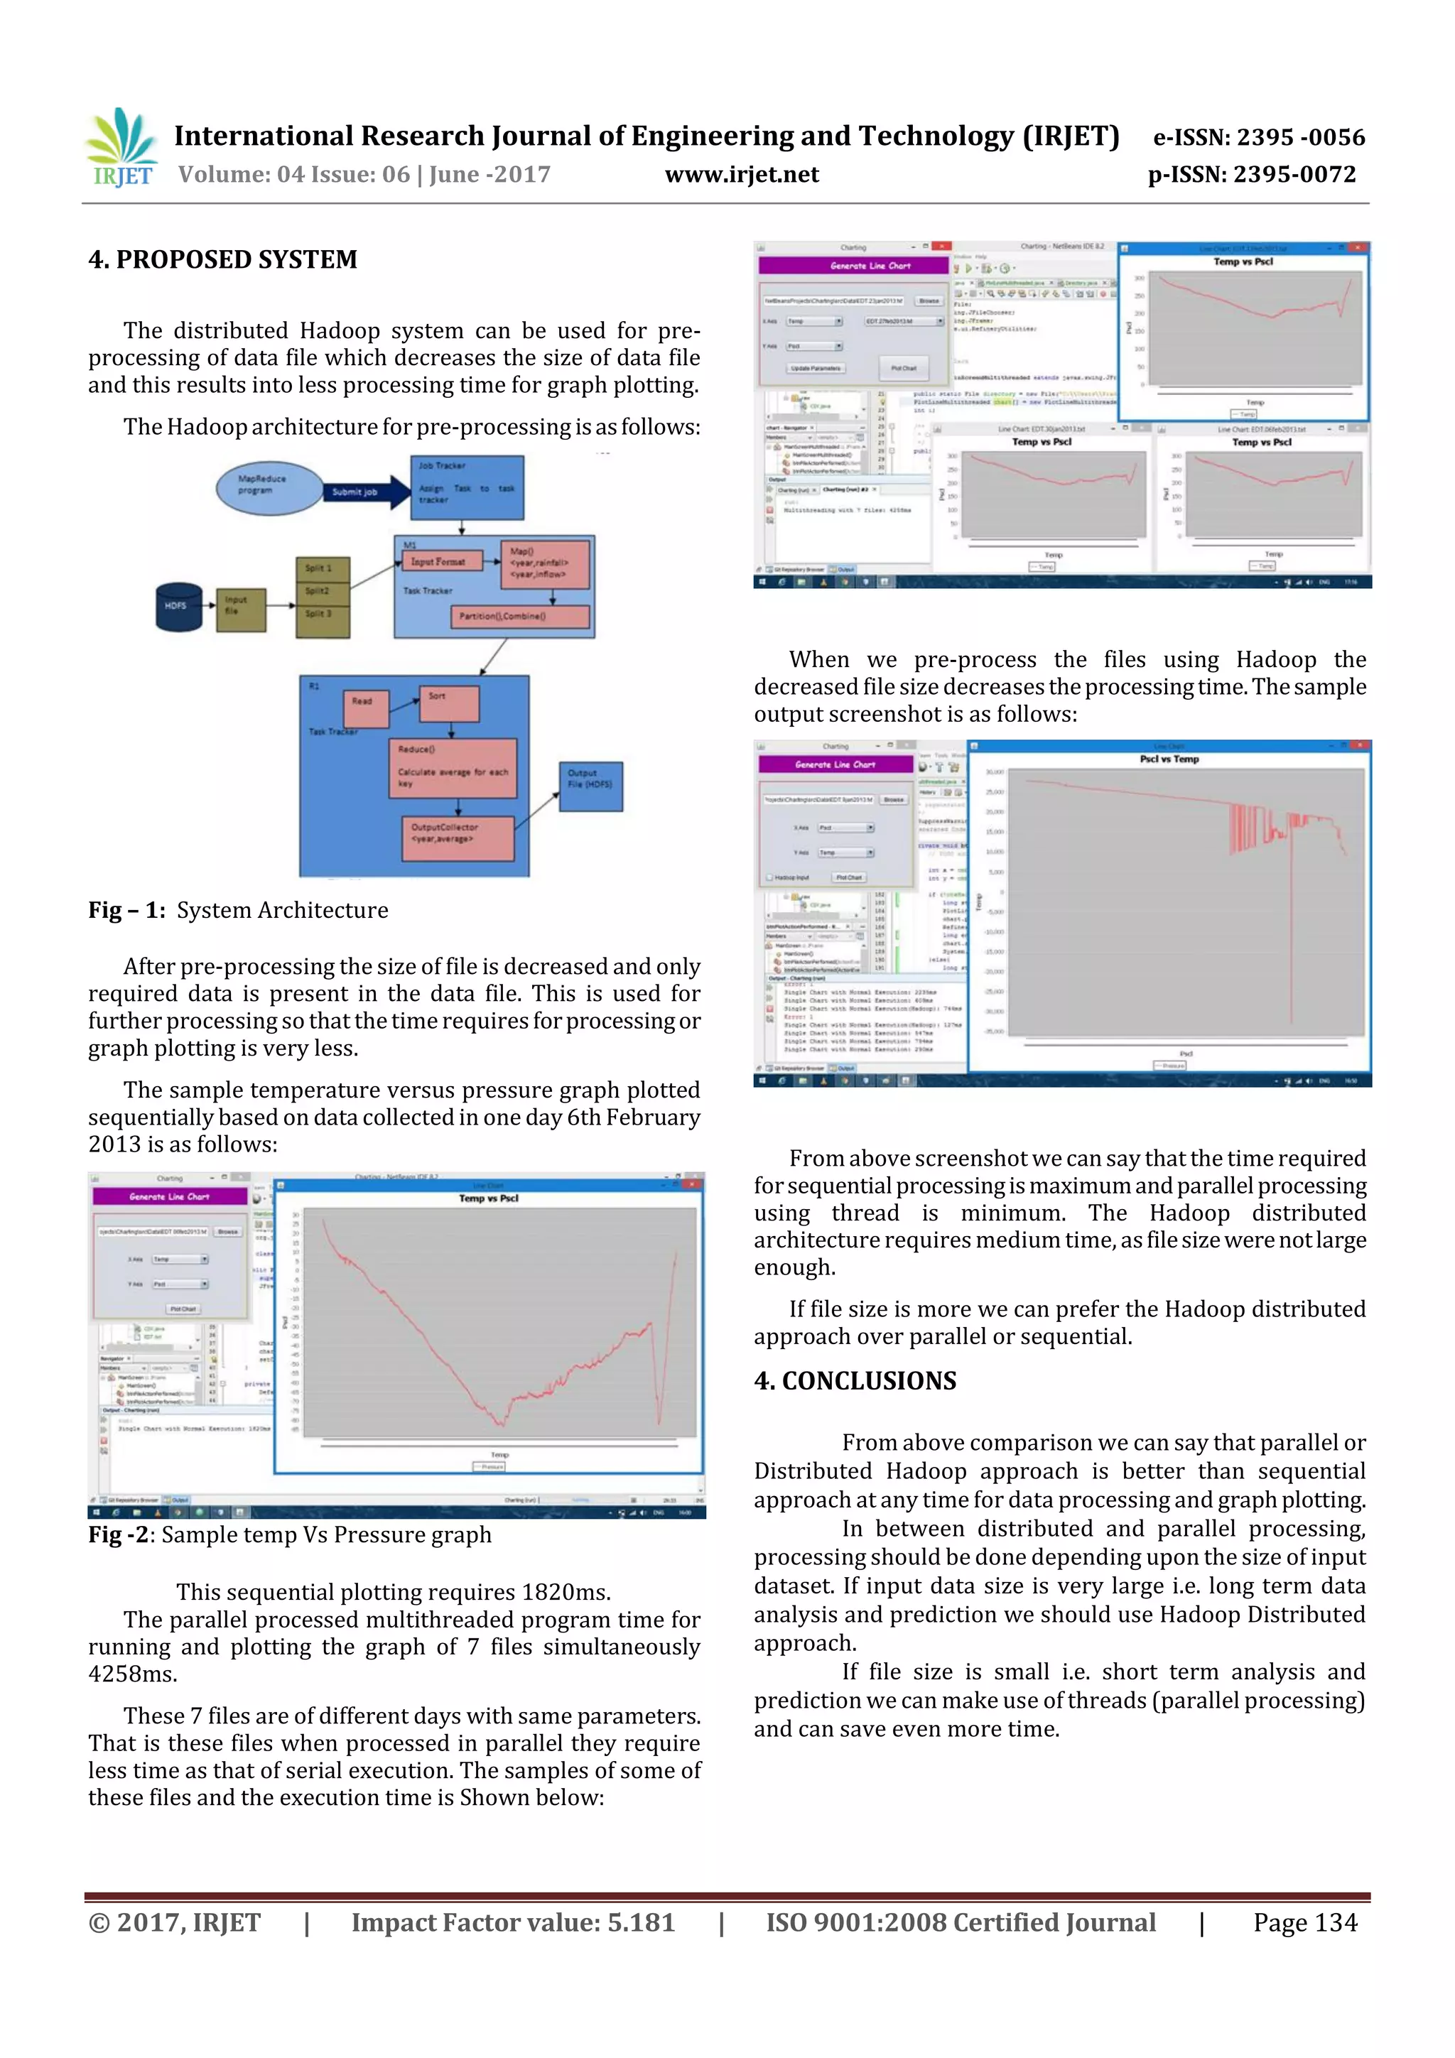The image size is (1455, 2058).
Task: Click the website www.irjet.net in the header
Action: click(742, 175)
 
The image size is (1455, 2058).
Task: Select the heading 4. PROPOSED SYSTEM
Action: click(222, 260)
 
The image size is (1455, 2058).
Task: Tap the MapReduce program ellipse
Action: click(268, 487)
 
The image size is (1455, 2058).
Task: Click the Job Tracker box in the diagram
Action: click(467, 487)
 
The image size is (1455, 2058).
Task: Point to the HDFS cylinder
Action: click(179, 607)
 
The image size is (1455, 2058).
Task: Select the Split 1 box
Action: click(322, 568)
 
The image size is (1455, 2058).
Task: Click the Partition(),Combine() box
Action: click(519, 617)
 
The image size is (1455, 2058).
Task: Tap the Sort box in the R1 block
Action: click(448, 703)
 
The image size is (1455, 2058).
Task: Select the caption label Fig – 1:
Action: click(126, 911)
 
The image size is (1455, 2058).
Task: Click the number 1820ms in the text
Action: click(566, 1592)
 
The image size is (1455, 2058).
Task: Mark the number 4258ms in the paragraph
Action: click(133, 1674)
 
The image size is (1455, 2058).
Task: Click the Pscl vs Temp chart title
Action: click(1169, 759)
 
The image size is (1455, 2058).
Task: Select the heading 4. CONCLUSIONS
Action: click(855, 1380)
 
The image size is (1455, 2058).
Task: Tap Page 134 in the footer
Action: click(1304, 1922)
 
